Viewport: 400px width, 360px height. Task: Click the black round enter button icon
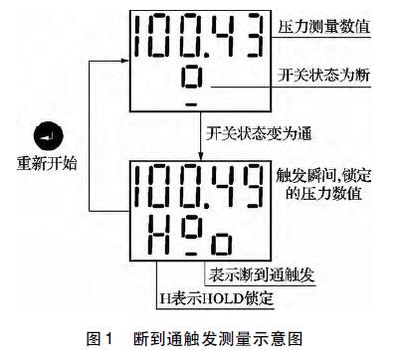click(45, 134)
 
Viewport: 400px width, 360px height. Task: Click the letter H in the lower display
click(157, 237)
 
